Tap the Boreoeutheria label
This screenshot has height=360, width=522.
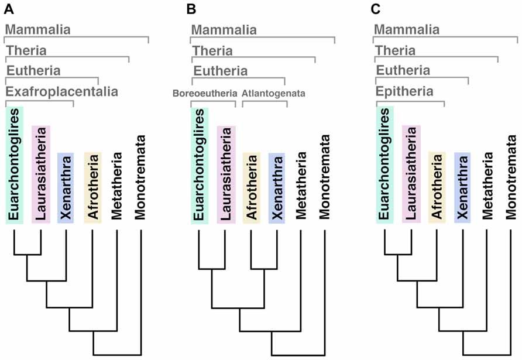[x=205, y=93]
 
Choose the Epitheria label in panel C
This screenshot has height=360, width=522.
[x=404, y=92]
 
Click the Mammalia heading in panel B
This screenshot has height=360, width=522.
[x=224, y=29]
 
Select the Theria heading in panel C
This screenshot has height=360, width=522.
[x=395, y=50]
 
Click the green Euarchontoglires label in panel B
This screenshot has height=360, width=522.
[x=200, y=165]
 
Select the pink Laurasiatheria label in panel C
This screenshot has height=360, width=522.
[x=411, y=174]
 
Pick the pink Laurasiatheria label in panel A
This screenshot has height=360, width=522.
[x=40, y=174]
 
